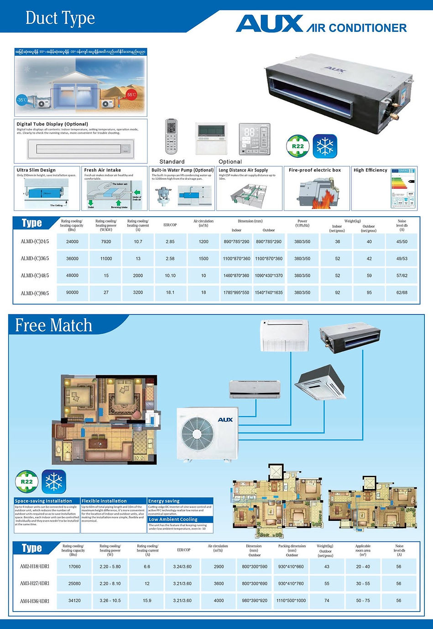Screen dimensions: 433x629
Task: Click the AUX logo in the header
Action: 269,24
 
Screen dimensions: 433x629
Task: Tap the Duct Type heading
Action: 60,18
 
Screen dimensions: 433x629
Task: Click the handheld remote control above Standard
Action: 171,136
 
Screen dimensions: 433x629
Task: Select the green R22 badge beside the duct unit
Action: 297,146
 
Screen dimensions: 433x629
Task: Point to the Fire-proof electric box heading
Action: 315,170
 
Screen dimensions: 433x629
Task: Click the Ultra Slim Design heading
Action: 36,170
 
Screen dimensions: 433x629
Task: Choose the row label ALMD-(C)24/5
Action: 35,242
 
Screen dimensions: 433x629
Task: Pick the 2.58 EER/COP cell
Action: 170,259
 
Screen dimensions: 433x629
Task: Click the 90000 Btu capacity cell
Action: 72,292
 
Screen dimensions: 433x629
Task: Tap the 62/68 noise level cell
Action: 402,292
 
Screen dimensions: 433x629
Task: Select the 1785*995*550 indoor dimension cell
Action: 236,292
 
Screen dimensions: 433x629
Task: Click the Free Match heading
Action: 54,325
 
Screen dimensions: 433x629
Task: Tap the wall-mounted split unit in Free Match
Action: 255,389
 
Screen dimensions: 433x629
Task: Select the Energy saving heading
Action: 164,501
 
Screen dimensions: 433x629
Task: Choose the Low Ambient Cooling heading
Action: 173,519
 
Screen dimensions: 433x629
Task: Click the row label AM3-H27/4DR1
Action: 35,583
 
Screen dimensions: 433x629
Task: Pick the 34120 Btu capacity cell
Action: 74,600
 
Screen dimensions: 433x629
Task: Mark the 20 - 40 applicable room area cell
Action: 363,567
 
